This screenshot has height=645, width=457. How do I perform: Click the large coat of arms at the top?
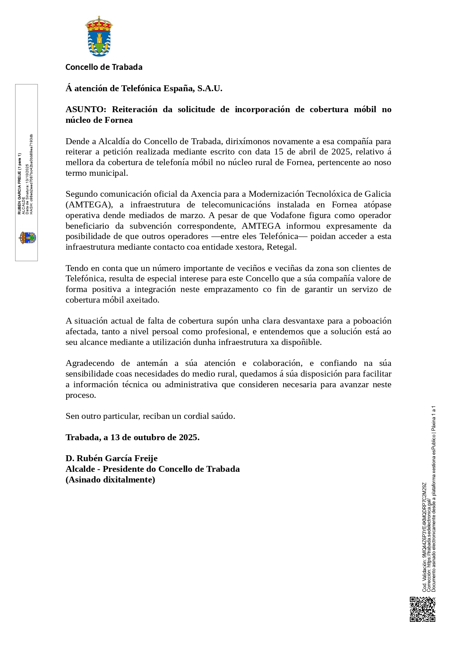(99, 36)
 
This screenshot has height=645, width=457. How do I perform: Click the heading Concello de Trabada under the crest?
(104, 67)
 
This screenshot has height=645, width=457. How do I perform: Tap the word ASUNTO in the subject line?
(85, 110)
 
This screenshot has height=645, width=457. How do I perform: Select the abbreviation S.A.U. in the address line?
(210, 89)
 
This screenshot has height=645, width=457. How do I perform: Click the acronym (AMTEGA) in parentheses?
(89, 205)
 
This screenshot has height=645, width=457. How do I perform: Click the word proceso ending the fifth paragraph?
(80, 395)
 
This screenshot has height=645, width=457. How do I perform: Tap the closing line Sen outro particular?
(150, 416)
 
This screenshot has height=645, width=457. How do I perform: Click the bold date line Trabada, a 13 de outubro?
(133, 438)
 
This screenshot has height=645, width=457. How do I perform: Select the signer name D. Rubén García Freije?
(112, 459)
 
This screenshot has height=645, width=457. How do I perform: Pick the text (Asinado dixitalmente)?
(110, 480)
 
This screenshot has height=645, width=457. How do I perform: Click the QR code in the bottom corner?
(422, 609)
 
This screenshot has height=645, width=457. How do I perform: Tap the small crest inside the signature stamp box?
(28, 238)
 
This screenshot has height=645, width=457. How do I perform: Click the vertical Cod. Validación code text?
(424, 537)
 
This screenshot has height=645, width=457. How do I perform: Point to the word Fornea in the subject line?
(119, 120)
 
